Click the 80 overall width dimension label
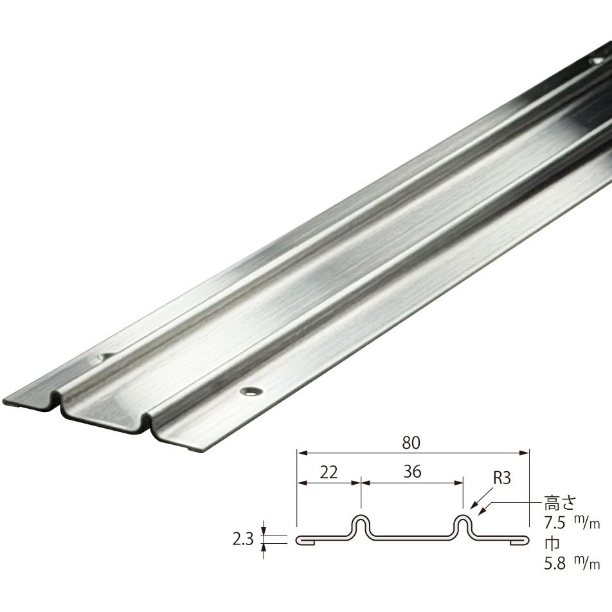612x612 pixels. (x=411, y=442)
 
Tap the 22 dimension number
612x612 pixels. (x=328, y=473)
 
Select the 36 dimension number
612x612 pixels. (x=412, y=472)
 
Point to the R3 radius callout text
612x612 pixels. (x=501, y=478)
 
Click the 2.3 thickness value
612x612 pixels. (x=243, y=539)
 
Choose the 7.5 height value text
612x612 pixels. (x=555, y=523)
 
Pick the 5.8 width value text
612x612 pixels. (x=555, y=564)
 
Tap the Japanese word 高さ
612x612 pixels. (x=560, y=503)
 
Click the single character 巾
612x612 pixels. (x=552, y=543)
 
